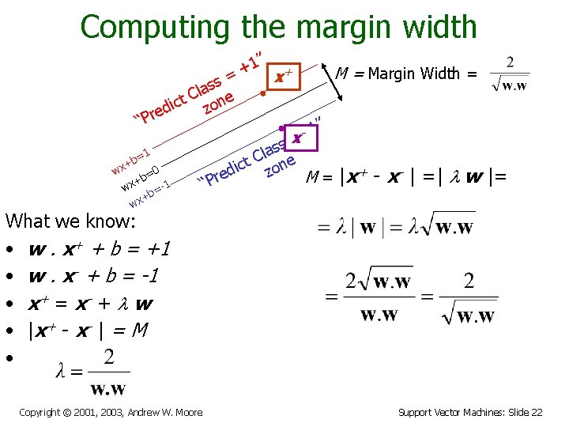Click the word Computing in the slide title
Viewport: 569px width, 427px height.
pyautogui.click(x=154, y=27)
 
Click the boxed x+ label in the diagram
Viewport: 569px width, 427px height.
pyautogui.click(x=284, y=77)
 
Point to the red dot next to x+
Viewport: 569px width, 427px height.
pyautogui.click(x=262, y=94)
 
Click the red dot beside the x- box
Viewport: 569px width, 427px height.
pyautogui.click(x=281, y=129)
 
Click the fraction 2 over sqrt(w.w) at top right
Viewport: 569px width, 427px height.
pyautogui.click(x=509, y=74)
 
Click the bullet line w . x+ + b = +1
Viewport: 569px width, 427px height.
pyautogui.click(x=100, y=251)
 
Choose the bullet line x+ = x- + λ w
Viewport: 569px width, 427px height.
pyautogui.click(x=90, y=304)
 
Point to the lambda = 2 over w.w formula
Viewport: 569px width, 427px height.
pyautogui.click(x=92, y=371)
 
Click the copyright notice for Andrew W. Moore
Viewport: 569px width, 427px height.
pyautogui.click(x=111, y=412)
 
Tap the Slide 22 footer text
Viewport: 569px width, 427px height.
pyautogui.click(x=470, y=412)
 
